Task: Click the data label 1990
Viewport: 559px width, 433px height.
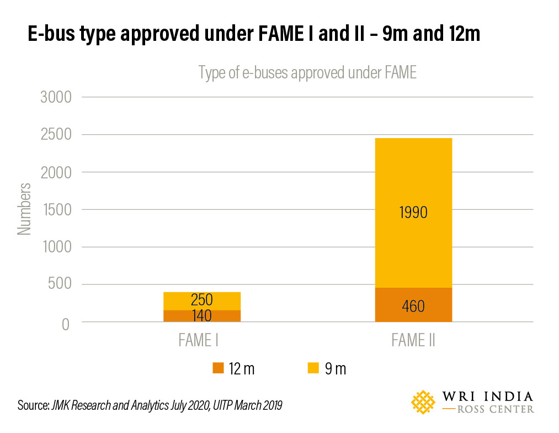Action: tap(413, 212)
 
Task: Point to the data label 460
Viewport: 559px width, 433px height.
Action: tap(413, 306)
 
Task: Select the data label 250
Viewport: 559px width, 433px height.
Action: tap(201, 300)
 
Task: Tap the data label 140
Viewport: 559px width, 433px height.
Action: tap(201, 316)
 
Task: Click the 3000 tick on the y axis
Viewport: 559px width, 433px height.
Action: tap(56, 98)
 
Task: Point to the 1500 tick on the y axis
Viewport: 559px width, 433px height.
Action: tap(56, 210)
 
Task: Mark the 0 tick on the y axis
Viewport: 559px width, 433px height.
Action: tap(66, 323)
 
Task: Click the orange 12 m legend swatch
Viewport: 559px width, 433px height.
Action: tap(218, 368)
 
